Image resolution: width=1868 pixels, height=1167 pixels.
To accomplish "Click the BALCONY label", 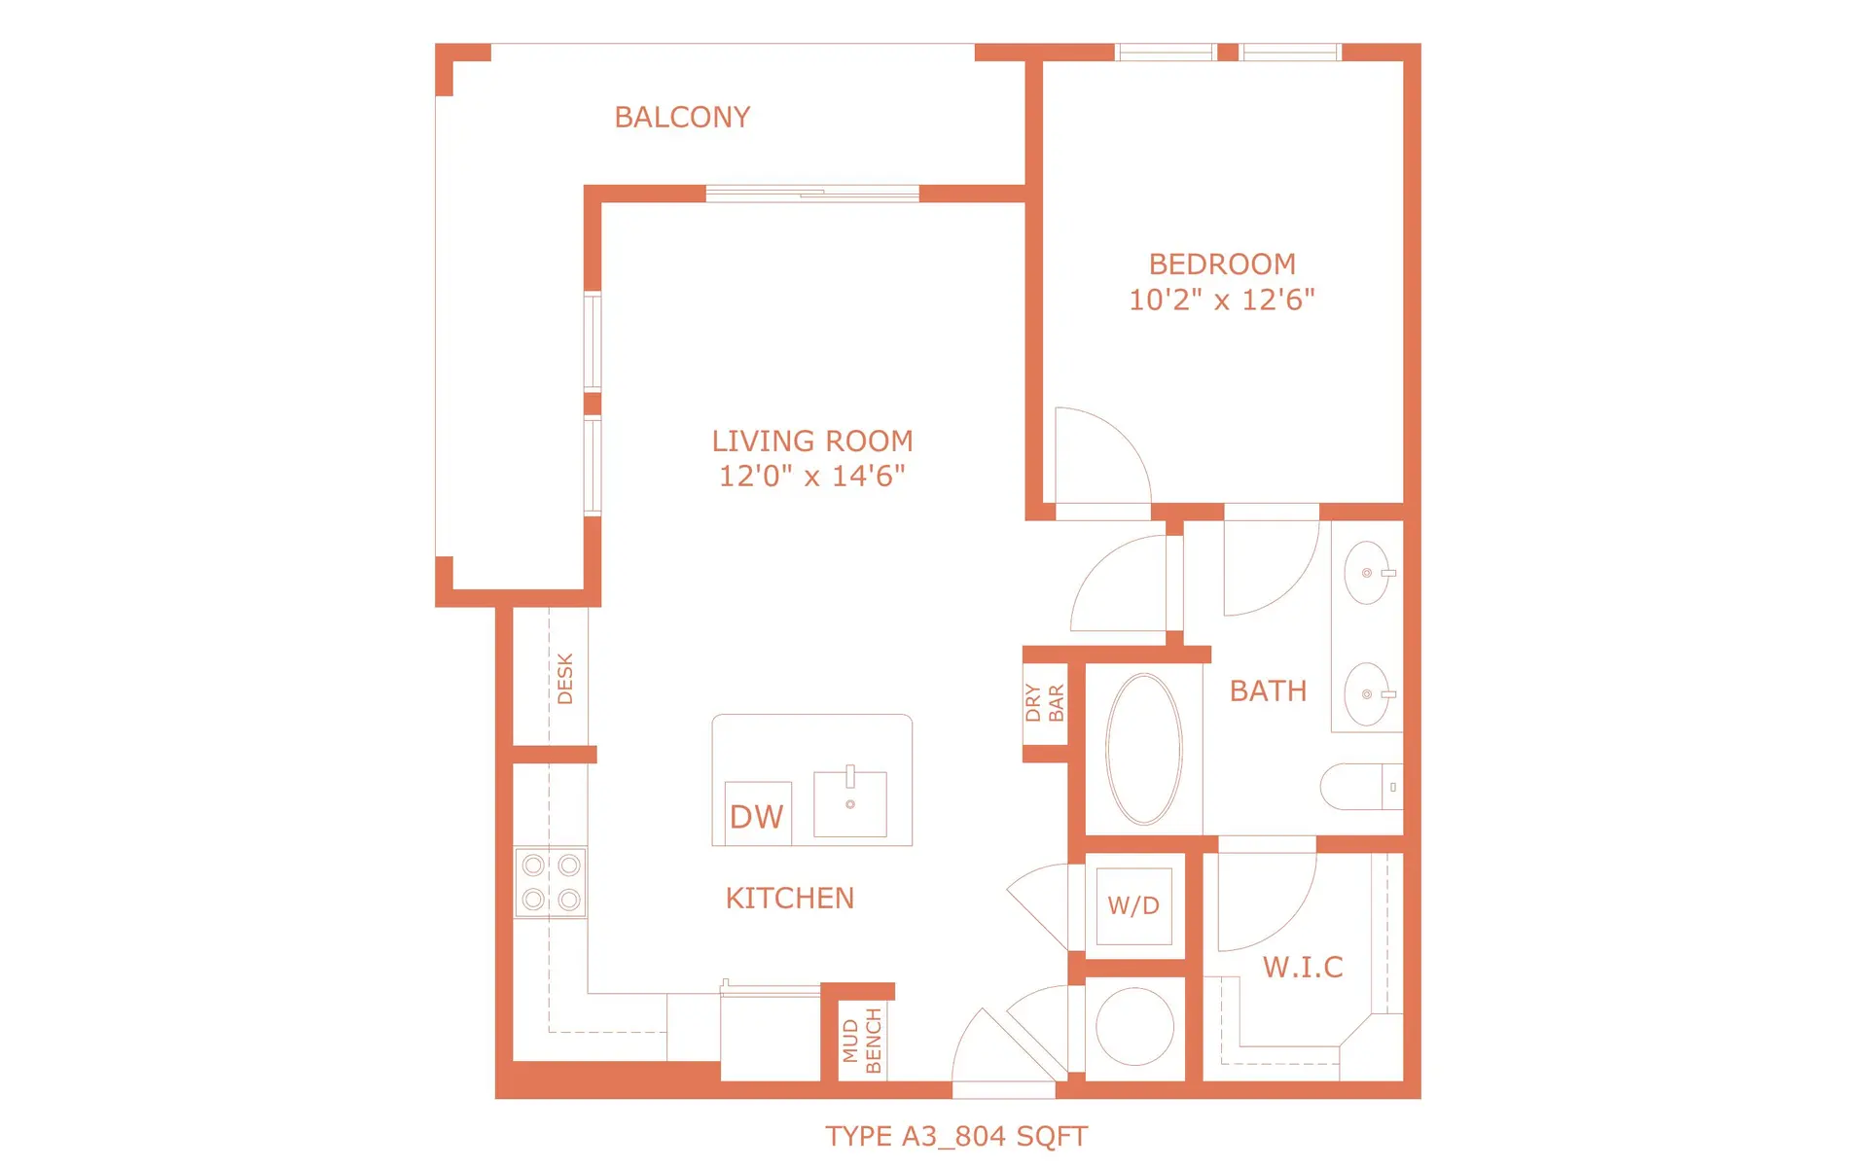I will [682, 118].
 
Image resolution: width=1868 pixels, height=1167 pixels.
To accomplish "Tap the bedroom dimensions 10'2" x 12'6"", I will [1221, 300].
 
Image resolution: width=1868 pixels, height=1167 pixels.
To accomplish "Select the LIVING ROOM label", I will [812, 442].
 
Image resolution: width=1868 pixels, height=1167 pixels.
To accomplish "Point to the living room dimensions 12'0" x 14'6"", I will [812, 477].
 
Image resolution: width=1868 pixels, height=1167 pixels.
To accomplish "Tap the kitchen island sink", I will [850, 803].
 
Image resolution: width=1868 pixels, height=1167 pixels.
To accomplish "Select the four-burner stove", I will [551, 882].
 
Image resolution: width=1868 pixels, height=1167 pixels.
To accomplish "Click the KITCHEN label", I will [790, 898].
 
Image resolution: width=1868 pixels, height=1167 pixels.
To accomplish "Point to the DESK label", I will [565, 678].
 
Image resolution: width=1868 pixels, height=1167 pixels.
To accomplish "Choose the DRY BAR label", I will [1045, 702].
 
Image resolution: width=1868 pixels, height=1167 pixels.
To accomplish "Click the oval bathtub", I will [1144, 749].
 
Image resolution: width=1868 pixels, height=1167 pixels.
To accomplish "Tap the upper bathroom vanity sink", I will [1367, 573].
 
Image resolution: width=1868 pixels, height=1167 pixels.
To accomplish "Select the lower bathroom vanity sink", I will [1367, 694].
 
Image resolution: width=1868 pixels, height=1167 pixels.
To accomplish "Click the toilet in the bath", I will [1357, 787].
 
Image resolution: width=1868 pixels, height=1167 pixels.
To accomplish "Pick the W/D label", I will [1133, 905].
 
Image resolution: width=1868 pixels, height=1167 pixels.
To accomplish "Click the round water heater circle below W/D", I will [1134, 1027].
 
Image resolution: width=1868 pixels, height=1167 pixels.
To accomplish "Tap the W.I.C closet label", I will [1303, 967].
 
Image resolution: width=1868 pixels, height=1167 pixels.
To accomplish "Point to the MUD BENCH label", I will [862, 1041].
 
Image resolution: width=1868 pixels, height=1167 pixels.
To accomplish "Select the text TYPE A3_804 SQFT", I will [956, 1136].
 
